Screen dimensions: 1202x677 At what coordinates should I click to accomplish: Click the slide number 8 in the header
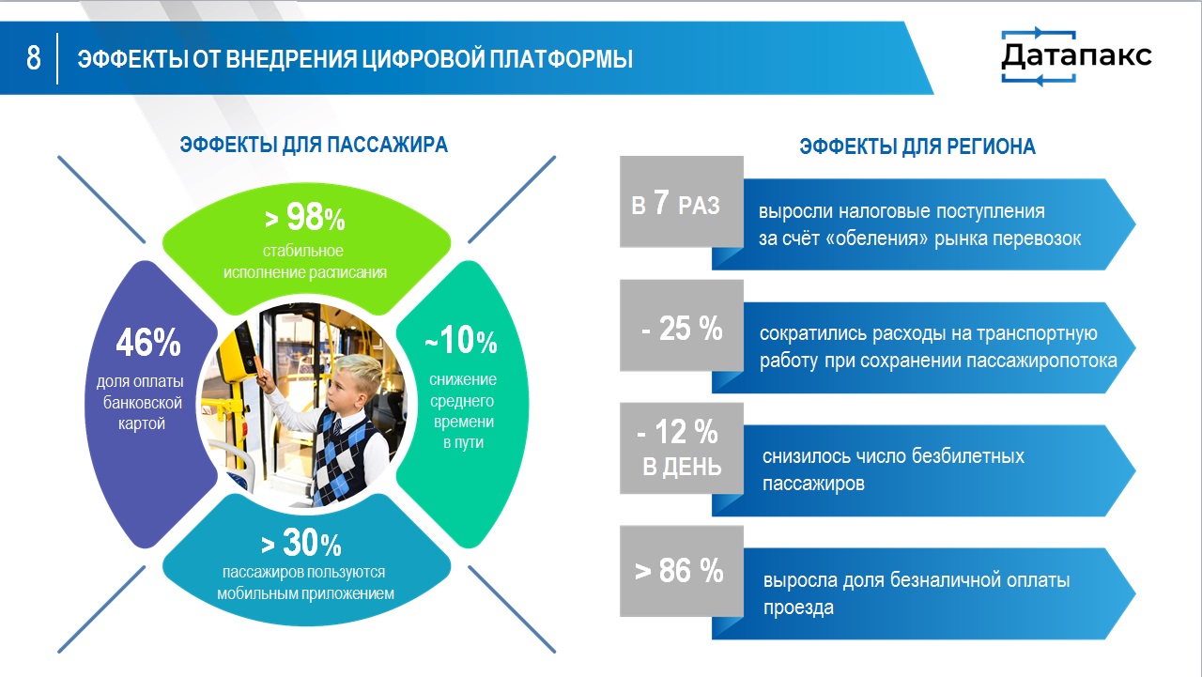[33, 57]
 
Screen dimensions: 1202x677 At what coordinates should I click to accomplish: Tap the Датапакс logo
[1076, 55]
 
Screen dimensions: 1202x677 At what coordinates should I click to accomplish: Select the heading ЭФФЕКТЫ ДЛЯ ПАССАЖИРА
[314, 145]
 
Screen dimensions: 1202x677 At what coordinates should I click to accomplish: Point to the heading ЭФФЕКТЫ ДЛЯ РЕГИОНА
[917, 146]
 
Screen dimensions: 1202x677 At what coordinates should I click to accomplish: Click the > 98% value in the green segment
[305, 217]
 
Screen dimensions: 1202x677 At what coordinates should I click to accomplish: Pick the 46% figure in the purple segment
[148, 342]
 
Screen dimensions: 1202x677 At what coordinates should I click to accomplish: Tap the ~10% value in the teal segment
[461, 340]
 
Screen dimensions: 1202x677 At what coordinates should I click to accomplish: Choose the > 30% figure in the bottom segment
[301, 543]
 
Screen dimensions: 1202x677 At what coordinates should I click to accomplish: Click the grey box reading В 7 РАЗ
[682, 202]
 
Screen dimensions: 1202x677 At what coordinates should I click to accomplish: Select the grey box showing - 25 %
[682, 325]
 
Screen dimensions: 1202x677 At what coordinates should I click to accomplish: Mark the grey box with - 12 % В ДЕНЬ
[682, 448]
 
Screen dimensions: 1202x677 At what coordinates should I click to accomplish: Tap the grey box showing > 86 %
[682, 571]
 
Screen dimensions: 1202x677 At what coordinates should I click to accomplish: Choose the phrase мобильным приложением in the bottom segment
[305, 593]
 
